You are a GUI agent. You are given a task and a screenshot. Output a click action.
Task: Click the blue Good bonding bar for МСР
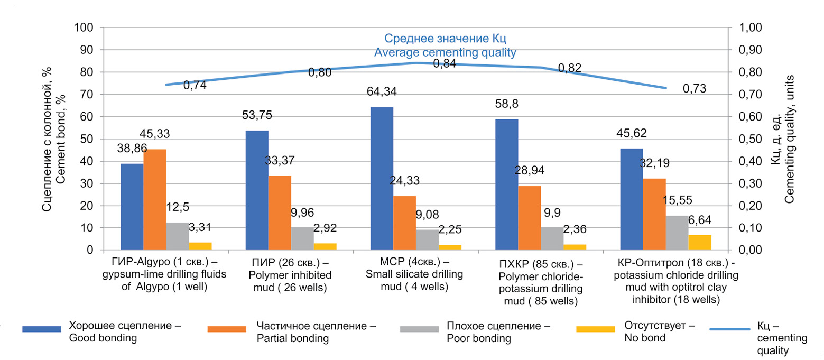382,178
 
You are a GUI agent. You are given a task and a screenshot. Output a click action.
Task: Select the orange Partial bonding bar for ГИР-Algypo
155,199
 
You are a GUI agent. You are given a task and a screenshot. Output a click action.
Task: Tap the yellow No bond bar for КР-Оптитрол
699,243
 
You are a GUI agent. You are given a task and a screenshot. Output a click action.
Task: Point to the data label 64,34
382,92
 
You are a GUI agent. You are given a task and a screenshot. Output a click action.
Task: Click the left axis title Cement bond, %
61,139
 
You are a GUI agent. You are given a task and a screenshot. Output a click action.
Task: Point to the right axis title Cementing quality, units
789,139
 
